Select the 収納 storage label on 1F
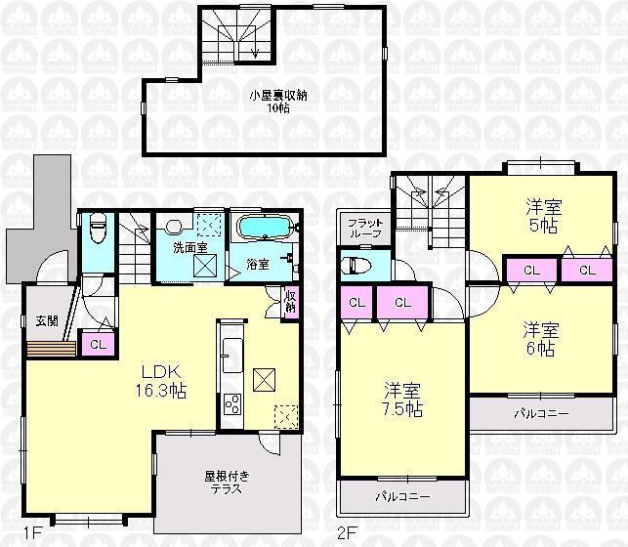point(291,300)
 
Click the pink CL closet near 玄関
point(98,344)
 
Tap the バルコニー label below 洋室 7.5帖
point(402,497)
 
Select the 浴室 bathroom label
point(258,264)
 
